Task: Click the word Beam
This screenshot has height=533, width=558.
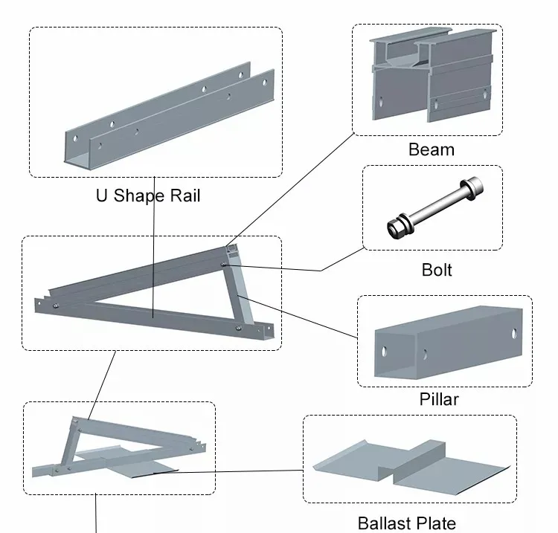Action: point(431,149)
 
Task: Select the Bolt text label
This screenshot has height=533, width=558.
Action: point(436,269)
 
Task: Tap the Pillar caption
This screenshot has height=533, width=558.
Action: point(439,399)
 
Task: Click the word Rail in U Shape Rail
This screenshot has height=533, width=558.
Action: point(182,196)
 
